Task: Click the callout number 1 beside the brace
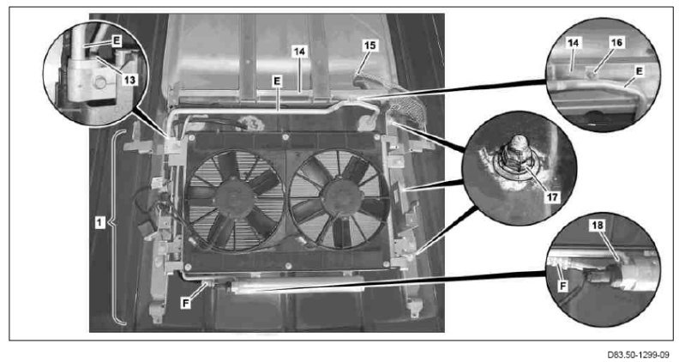coord(100,222)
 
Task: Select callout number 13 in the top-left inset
coord(129,79)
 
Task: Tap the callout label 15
coord(370,45)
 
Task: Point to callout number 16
coord(616,42)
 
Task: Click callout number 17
coord(552,197)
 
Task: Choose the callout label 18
coord(598,225)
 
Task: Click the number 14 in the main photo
coord(299,51)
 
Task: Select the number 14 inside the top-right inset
coord(574,43)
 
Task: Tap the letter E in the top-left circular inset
coord(117,40)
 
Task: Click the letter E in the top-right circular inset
coord(640,71)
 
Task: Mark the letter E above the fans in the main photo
coord(277,81)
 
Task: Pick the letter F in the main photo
coord(186,303)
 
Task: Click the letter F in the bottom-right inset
coord(563,286)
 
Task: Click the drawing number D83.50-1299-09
coord(638,354)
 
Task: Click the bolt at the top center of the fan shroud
coord(285,137)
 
